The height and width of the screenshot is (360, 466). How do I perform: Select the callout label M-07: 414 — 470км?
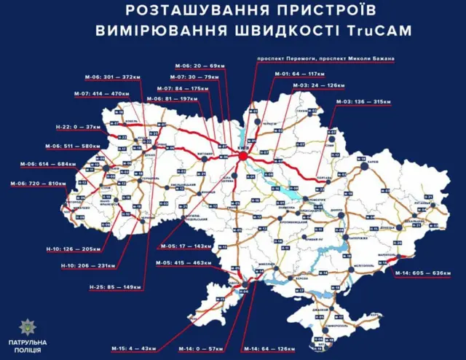(79, 94)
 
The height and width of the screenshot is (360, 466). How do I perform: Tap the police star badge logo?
(28, 326)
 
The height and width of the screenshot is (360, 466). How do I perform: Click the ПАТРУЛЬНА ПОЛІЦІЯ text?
(28, 346)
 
